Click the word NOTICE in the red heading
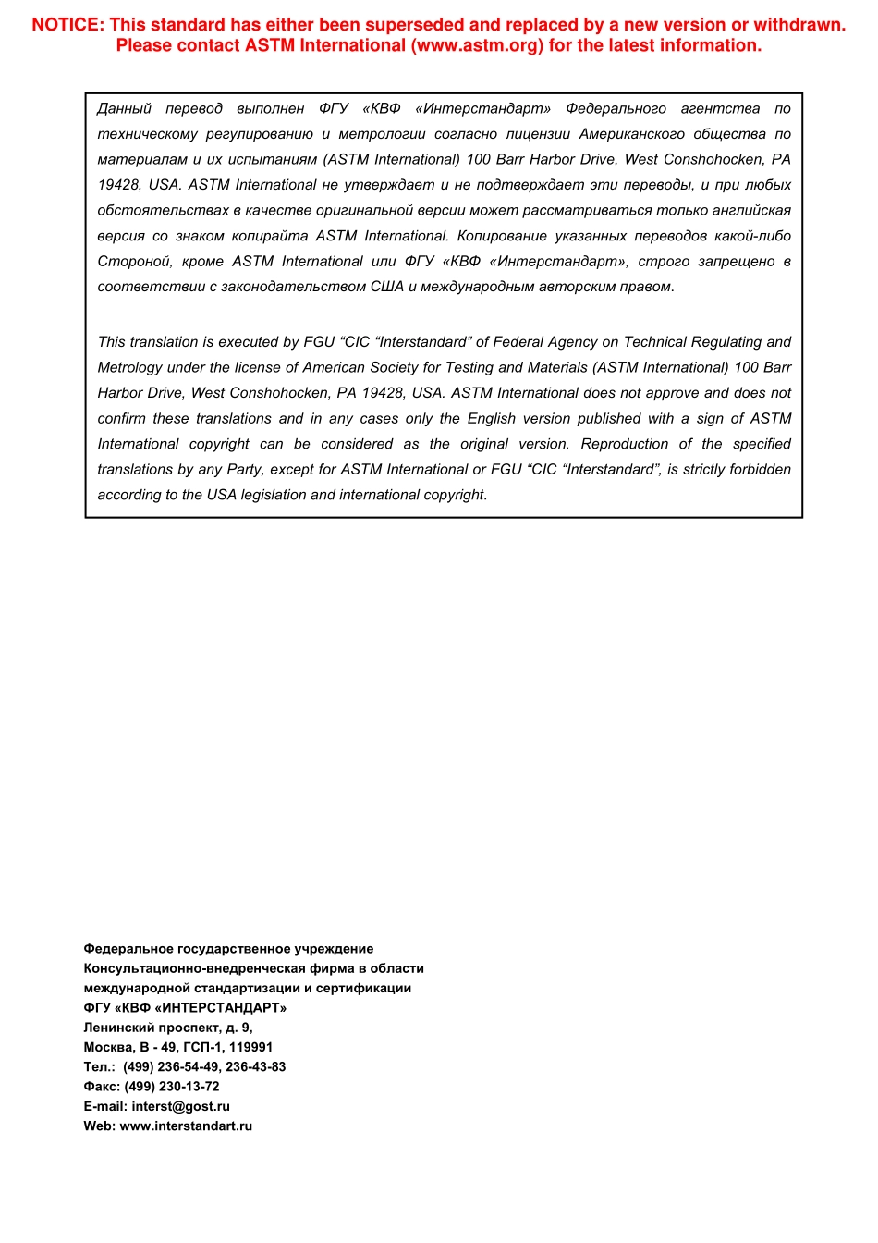[x=67, y=25]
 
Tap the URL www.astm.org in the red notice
[x=478, y=45]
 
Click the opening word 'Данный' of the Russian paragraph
[x=124, y=109]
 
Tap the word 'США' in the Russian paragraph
[x=386, y=287]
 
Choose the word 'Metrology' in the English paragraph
[x=130, y=367]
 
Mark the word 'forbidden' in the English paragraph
[x=760, y=469]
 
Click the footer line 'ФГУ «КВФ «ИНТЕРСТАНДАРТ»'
[x=185, y=1008]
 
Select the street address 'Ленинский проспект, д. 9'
[x=167, y=1028]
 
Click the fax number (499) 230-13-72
[x=172, y=1087]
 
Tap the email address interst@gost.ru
[x=180, y=1106]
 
